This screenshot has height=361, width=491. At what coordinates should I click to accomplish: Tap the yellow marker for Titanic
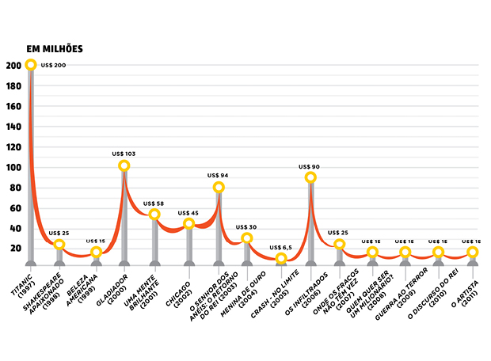coord(31,65)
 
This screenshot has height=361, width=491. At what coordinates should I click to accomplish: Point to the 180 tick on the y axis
coord(12,85)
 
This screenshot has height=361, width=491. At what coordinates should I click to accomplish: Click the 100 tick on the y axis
coord(12,167)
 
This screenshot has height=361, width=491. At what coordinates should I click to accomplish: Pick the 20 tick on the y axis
coord(14,249)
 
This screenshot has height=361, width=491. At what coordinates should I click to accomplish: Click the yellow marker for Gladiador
coord(124,165)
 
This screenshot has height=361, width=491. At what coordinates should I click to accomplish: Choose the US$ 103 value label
coord(124,152)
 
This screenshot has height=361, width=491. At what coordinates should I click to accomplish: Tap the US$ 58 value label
coord(155,203)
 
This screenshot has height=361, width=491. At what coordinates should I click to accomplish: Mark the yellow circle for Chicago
coord(188,224)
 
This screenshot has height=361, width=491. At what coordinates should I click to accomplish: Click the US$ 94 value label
coord(219,175)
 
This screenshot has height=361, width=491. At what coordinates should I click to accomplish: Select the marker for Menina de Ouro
coord(246,238)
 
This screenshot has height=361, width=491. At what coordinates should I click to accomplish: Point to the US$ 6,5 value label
coord(280,247)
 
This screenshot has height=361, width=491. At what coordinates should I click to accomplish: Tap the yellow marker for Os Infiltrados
coord(311,177)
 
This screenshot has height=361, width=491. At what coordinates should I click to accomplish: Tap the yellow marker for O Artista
coord(473,253)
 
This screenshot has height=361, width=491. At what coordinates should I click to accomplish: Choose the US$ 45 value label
coord(188,212)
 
